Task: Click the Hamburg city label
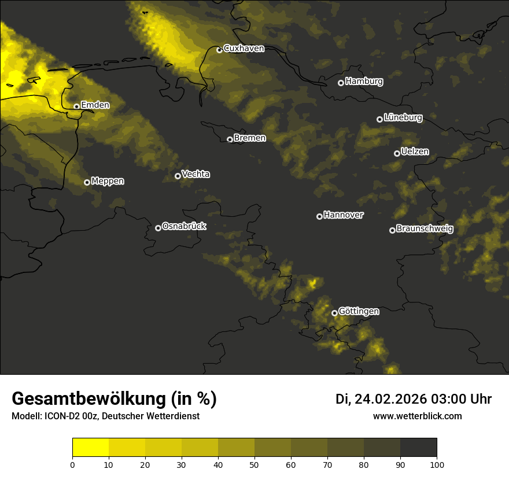(x=364, y=82)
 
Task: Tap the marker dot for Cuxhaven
(x=219, y=50)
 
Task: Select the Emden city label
(x=95, y=105)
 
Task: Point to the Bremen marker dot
(x=230, y=139)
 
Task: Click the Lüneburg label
(x=403, y=118)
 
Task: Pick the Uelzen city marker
(x=397, y=153)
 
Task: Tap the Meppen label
(x=108, y=181)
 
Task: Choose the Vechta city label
(x=196, y=174)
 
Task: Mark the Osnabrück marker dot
(x=158, y=228)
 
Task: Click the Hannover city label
(x=344, y=215)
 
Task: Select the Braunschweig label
(x=425, y=229)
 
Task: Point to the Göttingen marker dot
(x=334, y=313)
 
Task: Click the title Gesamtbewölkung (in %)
(x=114, y=399)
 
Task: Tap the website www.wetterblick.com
(x=417, y=416)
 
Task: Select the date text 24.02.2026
(x=390, y=399)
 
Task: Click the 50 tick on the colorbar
(x=254, y=464)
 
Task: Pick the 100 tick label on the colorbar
(x=437, y=464)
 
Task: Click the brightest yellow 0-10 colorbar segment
(x=90, y=448)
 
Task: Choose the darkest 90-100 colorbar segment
(x=418, y=448)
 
